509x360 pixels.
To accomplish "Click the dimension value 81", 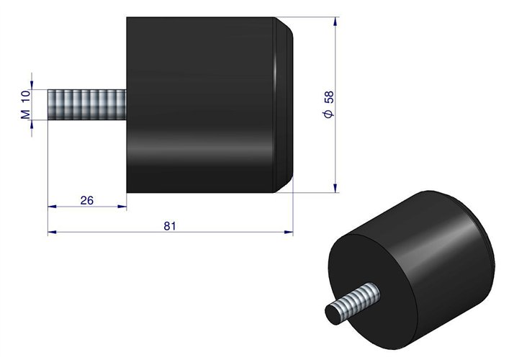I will click(x=170, y=225).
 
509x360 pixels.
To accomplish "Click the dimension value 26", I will click(x=87, y=200).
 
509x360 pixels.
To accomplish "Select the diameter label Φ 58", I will click(x=328, y=105).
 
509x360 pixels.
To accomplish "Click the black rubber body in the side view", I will click(x=202, y=104).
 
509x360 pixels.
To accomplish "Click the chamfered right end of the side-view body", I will click(x=287, y=104).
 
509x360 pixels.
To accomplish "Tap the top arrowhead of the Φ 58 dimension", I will click(x=335, y=22).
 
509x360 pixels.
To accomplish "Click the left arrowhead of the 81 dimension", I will click(x=51, y=232).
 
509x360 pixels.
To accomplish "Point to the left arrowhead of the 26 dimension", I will click(x=51, y=207).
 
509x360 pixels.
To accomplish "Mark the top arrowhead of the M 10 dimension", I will click(x=32, y=86).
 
